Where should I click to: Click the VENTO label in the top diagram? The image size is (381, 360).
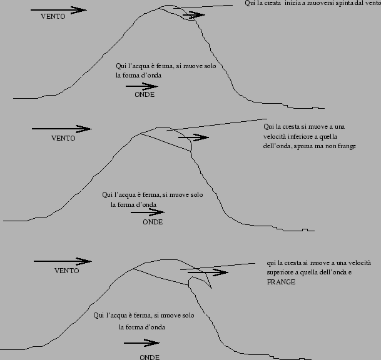53,16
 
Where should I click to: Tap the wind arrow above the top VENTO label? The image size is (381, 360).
59,10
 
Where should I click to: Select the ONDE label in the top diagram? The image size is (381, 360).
145,94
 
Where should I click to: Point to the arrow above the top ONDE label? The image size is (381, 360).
142,86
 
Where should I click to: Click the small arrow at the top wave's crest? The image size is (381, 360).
194,15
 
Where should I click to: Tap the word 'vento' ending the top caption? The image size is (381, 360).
372,3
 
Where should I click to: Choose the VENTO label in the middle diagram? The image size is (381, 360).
63,138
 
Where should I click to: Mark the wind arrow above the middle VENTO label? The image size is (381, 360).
62,129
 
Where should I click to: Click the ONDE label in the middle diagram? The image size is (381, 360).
153,222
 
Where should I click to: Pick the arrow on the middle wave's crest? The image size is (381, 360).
193,137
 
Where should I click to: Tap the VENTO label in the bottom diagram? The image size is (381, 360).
67,271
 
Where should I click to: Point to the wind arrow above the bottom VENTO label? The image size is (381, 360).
63,261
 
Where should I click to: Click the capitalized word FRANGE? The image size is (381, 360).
281,282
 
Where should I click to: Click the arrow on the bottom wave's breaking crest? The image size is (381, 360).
208,272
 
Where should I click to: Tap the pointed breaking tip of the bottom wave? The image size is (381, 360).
211,288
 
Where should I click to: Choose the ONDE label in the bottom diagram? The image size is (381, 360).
150,357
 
